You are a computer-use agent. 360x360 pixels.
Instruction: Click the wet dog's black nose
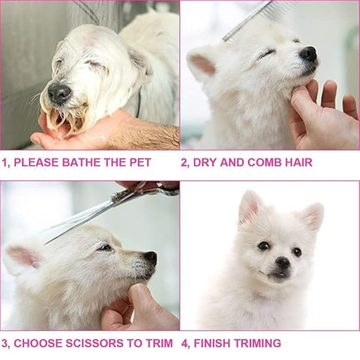59,92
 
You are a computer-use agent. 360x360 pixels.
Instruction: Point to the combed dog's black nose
309,54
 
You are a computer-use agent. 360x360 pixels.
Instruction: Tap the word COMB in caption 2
264,162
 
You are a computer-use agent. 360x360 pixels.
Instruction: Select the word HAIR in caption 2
298,162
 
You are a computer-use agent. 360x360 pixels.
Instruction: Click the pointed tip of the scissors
45,244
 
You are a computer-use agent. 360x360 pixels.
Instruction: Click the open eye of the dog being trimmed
105,248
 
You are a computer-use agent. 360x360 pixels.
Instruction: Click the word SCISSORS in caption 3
94,343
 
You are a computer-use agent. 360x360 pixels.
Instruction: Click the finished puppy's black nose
283,262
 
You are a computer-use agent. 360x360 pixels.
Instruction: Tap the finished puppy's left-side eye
264,246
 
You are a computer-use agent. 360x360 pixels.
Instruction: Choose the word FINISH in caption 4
212,343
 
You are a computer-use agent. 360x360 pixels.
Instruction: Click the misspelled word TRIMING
257,343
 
